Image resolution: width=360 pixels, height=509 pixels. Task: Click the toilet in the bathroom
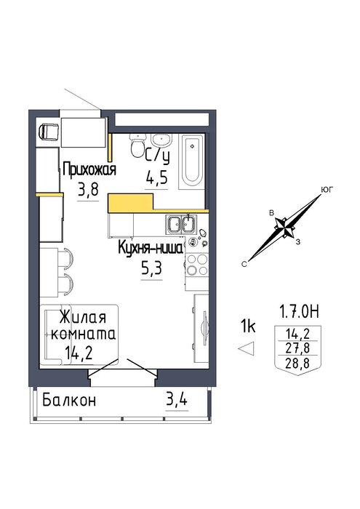[137, 145]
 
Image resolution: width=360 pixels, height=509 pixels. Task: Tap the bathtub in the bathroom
[192, 161]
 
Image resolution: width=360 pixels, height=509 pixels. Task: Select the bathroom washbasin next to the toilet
[161, 140]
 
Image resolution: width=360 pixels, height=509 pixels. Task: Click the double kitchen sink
[181, 224]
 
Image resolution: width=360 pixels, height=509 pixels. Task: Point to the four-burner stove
[196, 265]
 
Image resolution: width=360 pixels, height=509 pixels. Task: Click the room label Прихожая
[89, 169]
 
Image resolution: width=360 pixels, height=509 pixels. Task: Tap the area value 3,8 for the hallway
[88, 190]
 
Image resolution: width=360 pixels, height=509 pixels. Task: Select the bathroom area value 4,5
[156, 177]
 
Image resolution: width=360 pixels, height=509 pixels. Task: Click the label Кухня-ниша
[151, 249]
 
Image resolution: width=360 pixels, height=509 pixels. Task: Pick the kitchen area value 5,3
[151, 269]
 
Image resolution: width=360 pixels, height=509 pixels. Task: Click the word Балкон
[69, 400]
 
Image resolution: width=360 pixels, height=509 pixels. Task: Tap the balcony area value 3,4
[176, 400]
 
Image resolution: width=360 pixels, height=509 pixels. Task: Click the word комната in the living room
[84, 334]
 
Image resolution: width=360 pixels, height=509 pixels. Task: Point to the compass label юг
[327, 190]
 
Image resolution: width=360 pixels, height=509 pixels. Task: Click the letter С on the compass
[244, 265]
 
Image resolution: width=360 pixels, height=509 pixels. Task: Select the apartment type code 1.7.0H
[300, 311]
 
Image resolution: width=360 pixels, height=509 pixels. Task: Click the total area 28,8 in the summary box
[297, 364]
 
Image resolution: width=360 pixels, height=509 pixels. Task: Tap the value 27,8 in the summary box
[297, 348]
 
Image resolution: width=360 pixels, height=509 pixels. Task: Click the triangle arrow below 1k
[247, 349]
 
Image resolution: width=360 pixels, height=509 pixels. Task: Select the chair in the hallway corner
[49, 132]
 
